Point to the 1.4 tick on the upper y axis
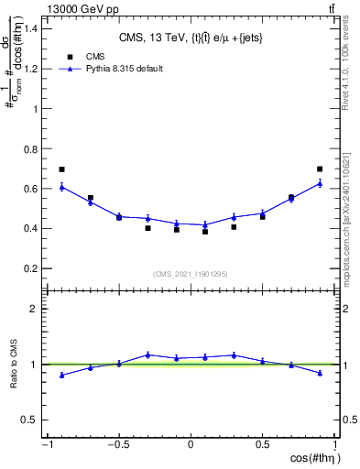[31, 28]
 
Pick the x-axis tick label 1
[334, 445]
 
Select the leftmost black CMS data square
[61, 169]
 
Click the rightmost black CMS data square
[319, 169]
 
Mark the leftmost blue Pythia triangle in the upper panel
[61, 187]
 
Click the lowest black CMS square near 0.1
[205, 232]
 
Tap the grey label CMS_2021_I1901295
[190, 275]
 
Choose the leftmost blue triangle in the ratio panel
[61, 375]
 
